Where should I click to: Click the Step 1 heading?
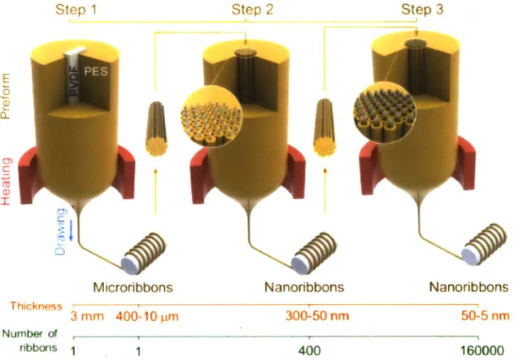tap(76, 10)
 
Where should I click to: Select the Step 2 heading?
tap(252, 10)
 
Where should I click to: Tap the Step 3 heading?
tap(422, 10)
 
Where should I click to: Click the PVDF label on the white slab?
tap(74, 80)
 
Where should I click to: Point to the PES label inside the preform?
tap(96, 71)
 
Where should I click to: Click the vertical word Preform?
tap(6, 96)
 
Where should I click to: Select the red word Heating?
tap(7, 181)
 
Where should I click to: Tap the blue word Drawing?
tap(61, 232)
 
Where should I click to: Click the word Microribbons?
tap(133, 288)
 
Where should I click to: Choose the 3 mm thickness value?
tap(87, 316)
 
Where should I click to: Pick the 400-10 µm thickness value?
tap(147, 317)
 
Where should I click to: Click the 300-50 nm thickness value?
tap(317, 316)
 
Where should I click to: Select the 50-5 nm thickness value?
tap(486, 316)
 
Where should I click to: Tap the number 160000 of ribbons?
tap(482, 351)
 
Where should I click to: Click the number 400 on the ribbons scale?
tap(309, 351)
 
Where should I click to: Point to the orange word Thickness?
tap(36, 306)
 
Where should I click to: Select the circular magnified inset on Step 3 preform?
tap(385, 114)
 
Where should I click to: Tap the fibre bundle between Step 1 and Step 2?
tap(156, 128)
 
